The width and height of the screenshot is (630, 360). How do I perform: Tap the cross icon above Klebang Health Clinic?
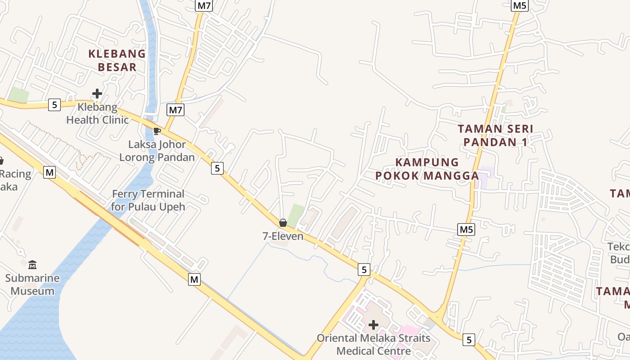[97, 94]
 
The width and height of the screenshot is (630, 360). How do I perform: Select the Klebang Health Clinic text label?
[98, 113]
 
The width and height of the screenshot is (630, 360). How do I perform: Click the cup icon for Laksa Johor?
[157, 131]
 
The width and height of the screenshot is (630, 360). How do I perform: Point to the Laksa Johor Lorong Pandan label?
[157, 151]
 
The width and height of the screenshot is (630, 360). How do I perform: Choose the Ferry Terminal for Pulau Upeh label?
[148, 200]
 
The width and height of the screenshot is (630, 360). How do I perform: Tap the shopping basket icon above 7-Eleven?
[283, 223]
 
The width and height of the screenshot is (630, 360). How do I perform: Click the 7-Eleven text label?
[283, 236]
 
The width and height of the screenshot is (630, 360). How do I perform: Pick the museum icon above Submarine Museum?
[32, 265]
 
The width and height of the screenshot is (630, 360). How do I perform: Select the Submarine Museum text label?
[32, 284]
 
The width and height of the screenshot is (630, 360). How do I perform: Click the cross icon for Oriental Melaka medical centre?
[373, 325]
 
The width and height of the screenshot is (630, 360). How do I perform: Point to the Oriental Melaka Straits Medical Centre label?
[373, 344]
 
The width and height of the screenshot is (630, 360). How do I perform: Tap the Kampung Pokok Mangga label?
[427, 169]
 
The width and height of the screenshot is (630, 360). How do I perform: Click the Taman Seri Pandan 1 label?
[495, 135]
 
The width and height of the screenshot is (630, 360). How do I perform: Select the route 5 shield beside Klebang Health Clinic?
[54, 105]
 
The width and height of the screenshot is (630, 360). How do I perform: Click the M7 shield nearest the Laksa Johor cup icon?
[175, 109]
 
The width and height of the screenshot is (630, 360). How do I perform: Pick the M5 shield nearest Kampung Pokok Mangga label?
[467, 229]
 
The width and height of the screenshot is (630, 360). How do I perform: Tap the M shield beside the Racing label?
[49, 172]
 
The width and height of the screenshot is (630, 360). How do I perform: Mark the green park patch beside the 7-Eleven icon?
[296, 215]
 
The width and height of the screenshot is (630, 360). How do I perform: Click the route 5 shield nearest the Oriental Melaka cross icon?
[364, 270]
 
